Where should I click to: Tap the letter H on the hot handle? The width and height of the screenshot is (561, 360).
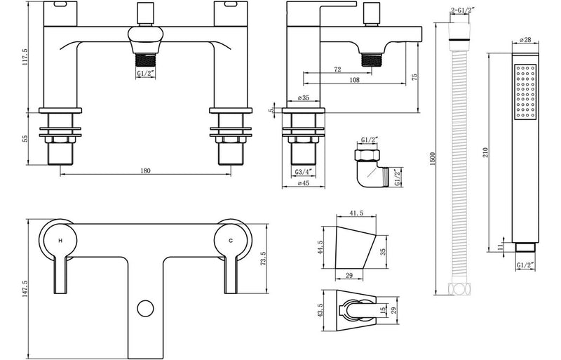pos(60,241)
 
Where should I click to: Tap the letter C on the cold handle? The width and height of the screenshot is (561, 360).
pos(231,241)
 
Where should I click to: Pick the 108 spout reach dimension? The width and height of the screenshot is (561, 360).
pos(355,81)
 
